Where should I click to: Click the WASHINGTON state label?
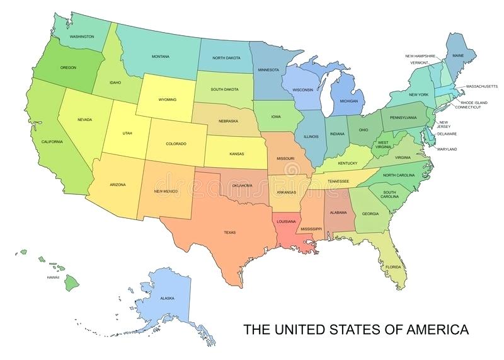82,37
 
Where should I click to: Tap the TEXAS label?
229,233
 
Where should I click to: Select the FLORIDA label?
393,267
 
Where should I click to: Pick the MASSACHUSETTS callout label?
483,86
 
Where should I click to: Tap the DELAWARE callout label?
447,134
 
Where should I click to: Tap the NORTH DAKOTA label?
227,58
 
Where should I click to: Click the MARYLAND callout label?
447,149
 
